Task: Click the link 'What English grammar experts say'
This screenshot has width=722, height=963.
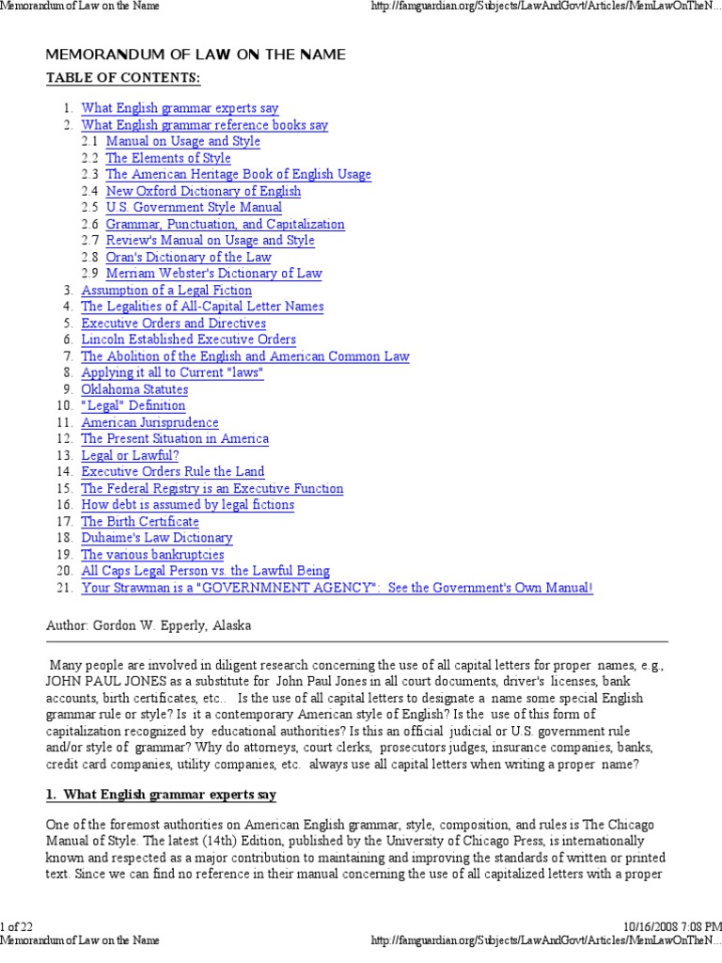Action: (x=180, y=108)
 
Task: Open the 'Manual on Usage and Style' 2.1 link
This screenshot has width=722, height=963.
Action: (x=182, y=141)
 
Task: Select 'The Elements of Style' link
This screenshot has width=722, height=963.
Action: (x=167, y=158)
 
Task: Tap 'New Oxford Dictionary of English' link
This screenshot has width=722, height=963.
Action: (x=203, y=191)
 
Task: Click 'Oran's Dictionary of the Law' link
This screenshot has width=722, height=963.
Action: (x=188, y=257)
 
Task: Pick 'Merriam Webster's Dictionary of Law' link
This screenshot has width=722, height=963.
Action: (x=213, y=274)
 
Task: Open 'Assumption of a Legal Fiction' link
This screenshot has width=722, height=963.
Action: (x=166, y=291)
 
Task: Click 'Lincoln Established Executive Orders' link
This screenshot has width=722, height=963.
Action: (x=188, y=339)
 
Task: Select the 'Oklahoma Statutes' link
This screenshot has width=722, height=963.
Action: (x=134, y=389)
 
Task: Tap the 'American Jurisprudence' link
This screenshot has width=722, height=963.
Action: (x=149, y=422)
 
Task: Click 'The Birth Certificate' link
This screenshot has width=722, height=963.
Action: (x=140, y=521)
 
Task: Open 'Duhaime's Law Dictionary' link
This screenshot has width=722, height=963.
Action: (x=156, y=538)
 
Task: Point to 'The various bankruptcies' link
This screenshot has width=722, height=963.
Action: (x=152, y=554)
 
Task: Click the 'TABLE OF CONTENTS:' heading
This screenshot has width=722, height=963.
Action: (x=123, y=77)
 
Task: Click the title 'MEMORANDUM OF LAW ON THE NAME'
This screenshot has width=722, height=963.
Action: (x=196, y=55)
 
